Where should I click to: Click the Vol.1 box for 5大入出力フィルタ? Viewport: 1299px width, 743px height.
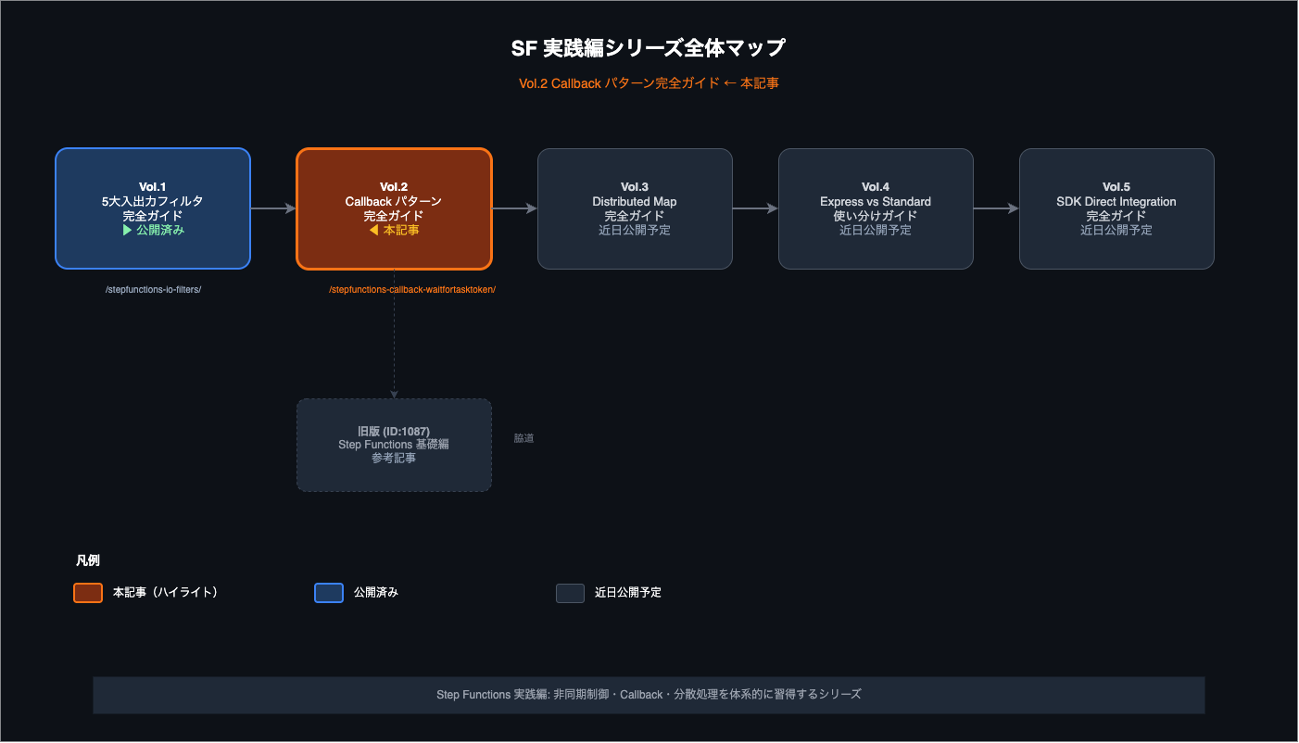[153, 208]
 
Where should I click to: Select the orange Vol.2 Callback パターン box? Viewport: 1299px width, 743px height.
[395, 208]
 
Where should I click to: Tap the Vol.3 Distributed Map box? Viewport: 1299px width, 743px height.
[635, 208]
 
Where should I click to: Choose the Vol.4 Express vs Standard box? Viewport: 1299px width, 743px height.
[876, 208]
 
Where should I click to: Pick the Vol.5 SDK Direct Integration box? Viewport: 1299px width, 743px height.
[1116, 208]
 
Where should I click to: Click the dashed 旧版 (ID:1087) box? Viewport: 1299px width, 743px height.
[395, 446]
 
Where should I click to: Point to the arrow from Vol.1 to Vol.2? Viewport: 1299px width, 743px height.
[273, 208]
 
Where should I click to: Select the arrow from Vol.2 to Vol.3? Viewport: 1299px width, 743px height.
[515, 208]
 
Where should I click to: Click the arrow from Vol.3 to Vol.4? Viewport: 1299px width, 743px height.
[756, 208]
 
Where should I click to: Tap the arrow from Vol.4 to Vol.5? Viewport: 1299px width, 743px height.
[996, 208]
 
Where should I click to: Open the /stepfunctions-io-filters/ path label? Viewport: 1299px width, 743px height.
[153, 289]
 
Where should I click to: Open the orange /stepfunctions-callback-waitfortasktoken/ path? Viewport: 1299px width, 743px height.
[412, 289]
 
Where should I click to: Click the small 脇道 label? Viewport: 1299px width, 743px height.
[523, 438]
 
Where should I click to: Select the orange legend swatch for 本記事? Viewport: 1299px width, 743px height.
[88, 593]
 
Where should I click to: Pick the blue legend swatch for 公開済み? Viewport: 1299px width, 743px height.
[329, 593]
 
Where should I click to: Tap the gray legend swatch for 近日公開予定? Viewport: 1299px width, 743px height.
[570, 593]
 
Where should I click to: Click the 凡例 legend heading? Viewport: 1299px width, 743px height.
[88, 560]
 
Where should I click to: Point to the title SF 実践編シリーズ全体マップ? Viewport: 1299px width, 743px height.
[649, 48]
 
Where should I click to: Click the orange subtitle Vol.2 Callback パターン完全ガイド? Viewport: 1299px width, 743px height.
[619, 83]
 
